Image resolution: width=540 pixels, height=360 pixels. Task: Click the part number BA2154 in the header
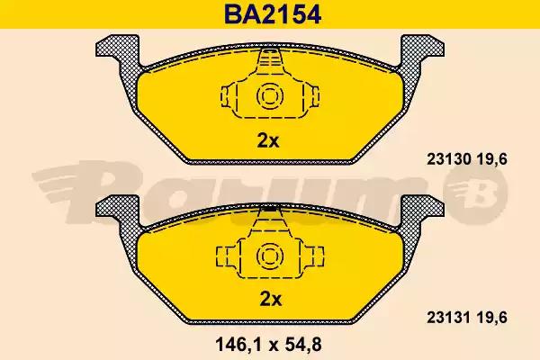click(x=273, y=14)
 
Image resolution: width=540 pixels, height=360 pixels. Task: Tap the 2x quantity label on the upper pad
click(x=268, y=140)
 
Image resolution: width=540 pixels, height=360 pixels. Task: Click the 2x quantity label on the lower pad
click(x=270, y=299)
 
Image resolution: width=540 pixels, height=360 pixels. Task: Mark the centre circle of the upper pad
click(x=270, y=95)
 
